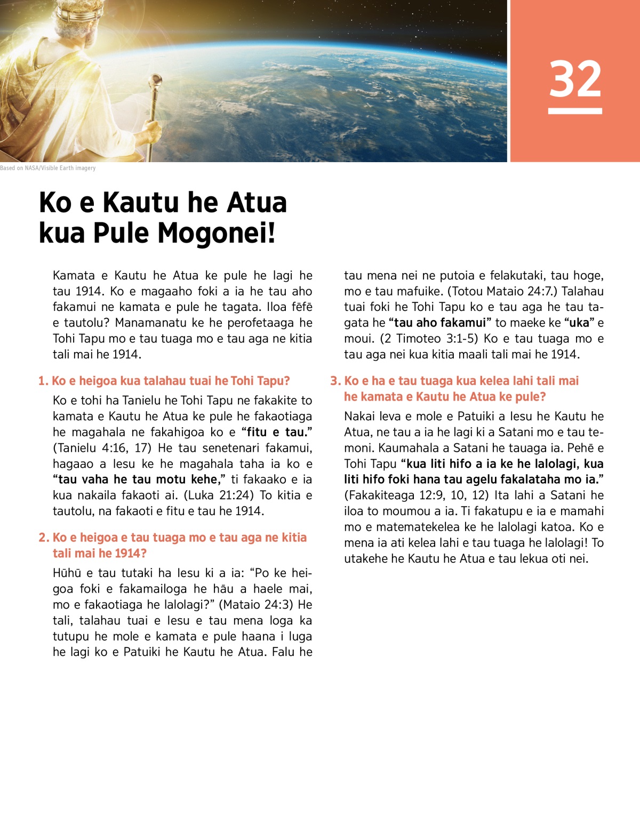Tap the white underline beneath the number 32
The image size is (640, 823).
coord(575,111)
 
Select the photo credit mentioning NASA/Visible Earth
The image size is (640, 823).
coord(48,168)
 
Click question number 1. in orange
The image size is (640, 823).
coord(43,381)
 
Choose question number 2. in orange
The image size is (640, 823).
coord(44,538)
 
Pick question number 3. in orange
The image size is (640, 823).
coord(335,381)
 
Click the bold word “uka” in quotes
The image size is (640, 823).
coord(579,323)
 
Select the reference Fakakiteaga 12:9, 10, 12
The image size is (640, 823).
coord(417,496)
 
